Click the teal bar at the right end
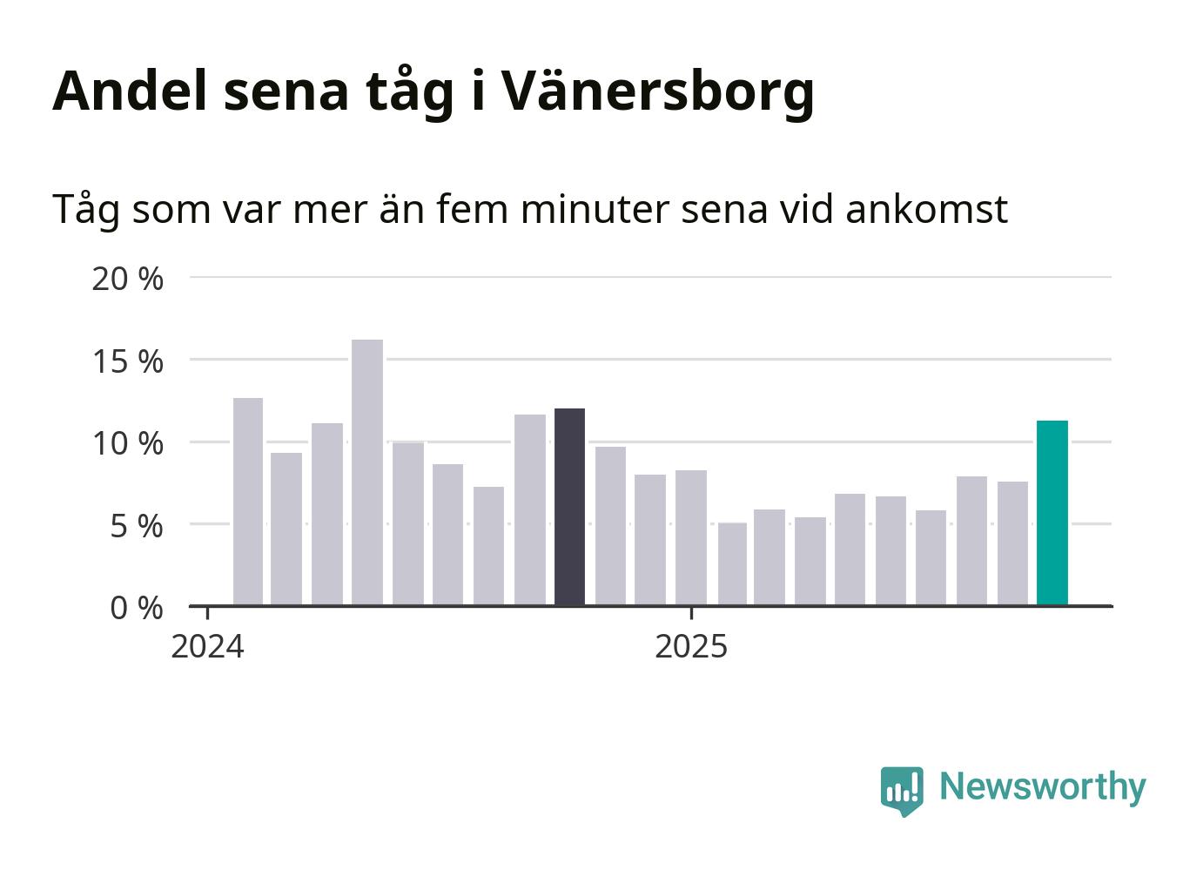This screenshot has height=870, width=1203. [1052, 513]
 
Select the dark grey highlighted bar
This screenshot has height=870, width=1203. [569, 507]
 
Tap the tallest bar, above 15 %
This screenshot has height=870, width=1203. [366, 472]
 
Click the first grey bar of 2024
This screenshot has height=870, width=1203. [248, 502]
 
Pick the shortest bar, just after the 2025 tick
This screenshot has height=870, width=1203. [732, 563]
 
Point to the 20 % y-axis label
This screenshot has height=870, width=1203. [127, 280]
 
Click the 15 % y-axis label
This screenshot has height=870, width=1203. [127, 361]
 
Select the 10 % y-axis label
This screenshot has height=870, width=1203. [127, 443]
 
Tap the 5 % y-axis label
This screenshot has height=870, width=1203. [136, 526]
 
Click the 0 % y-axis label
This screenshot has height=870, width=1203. [136, 608]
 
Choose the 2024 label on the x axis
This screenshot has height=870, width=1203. [207, 647]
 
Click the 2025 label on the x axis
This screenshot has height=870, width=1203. [691, 647]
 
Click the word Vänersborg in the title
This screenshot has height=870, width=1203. [657, 91]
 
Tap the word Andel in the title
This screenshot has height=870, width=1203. [130, 91]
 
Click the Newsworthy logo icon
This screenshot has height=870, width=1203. [901, 790]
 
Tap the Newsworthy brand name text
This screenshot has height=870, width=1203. [1042, 786]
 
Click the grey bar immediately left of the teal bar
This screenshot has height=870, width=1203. [1012, 543]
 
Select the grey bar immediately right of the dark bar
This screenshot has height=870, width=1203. [610, 526]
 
